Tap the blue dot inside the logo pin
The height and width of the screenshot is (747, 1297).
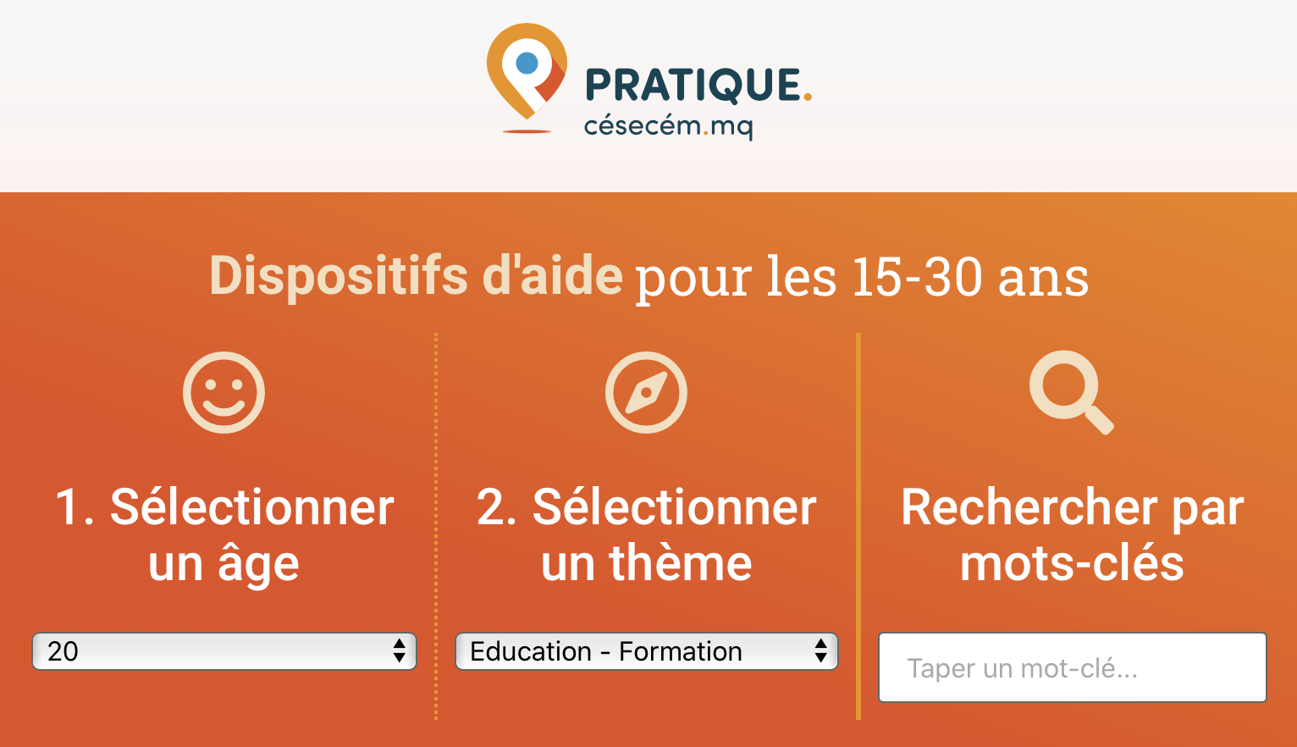[527, 64]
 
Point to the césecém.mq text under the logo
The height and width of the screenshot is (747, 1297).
[668, 126]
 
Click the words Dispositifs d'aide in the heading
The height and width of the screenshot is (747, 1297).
[416, 276]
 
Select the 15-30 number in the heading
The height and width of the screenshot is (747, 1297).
[917, 278]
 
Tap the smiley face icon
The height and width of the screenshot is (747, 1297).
[224, 393]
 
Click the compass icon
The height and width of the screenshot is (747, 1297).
[646, 393]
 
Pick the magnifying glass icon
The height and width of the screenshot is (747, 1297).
[1071, 392]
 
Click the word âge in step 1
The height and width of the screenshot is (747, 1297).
[258, 565]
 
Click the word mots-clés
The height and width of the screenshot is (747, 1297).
[1072, 563]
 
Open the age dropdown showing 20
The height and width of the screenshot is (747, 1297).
[224, 651]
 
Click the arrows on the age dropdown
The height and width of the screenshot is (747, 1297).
[399, 651]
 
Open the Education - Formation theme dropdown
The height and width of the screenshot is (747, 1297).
[647, 651]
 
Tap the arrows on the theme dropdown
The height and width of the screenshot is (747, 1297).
[820, 651]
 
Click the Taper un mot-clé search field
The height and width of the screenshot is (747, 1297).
[1073, 667]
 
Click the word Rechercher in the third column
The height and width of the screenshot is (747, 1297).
[1030, 507]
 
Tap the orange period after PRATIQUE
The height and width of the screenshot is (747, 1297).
[808, 98]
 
